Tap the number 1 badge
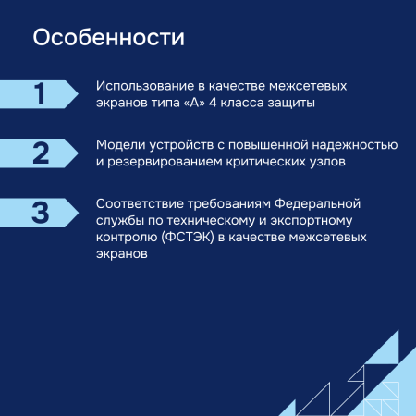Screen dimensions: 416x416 coord(40,94)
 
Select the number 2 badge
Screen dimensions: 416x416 coord(40,153)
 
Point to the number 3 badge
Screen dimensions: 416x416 coord(40,212)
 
